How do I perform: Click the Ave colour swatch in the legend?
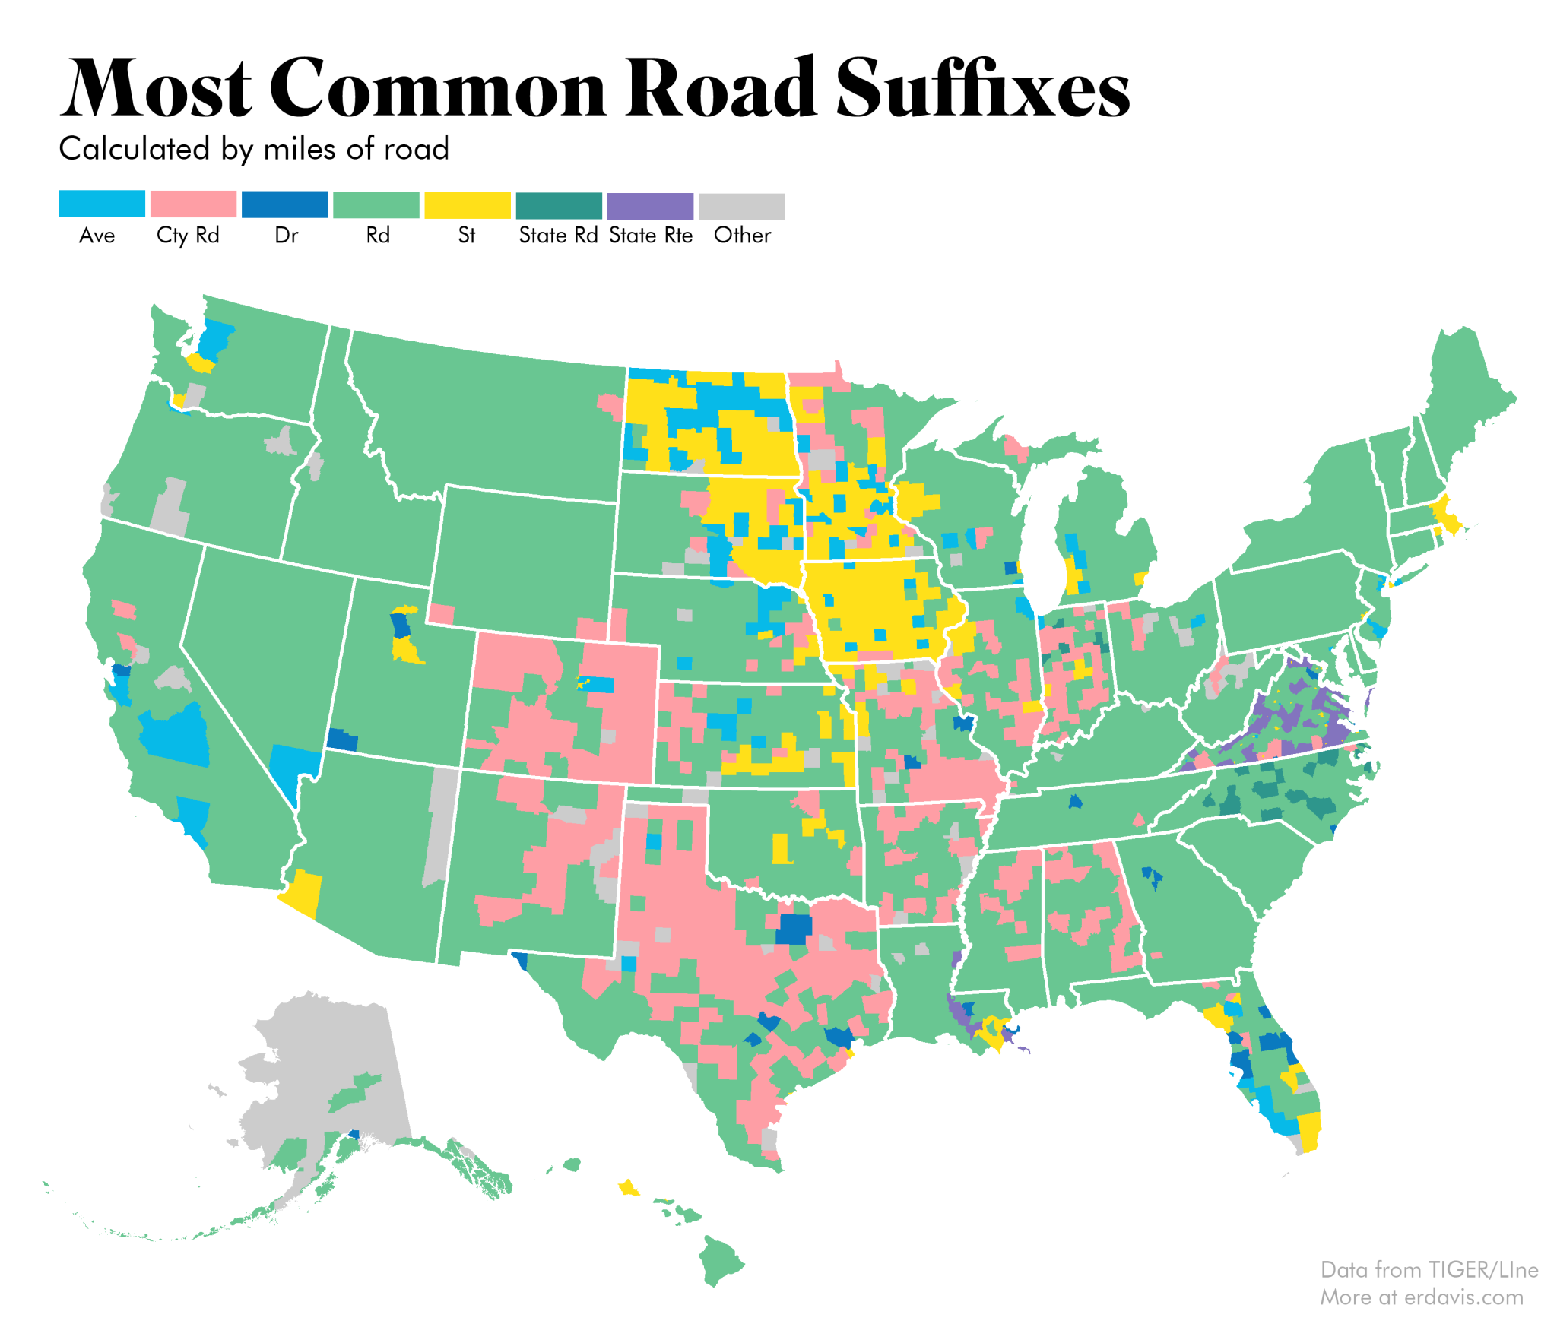tap(102, 204)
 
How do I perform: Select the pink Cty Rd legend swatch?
tap(193, 204)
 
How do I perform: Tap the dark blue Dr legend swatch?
tap(284, 204)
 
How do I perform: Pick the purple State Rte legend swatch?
tap(650, 205)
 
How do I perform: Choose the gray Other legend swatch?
tap(741, 205)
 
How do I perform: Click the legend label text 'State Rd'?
tap(558, 235)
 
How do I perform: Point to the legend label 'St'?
tap(466, 235)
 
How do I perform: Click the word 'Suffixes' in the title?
tap(982, 90)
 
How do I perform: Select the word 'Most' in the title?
tap(156, 90)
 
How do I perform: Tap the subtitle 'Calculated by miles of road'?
tap(254, 148)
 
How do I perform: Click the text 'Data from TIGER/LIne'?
tap(1429, 1269)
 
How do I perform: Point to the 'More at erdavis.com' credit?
tap(1421, 1297)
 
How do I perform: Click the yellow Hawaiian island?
tap(628, 1187)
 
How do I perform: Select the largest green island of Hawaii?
tap(719, 1258)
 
